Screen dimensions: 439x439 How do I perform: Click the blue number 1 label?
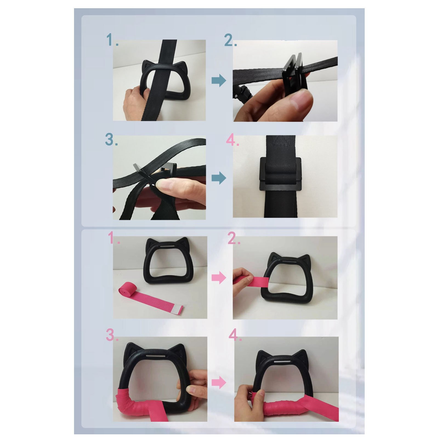[112, 40]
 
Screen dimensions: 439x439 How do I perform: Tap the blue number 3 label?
[111, 140]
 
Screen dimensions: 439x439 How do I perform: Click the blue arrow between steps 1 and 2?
[219, 81]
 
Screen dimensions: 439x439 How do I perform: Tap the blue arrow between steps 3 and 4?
[219, 178]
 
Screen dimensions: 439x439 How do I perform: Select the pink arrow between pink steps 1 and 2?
[219, 278]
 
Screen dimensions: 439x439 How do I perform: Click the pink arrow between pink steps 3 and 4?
[219, 382]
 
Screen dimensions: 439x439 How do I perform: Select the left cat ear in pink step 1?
[151, 242]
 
